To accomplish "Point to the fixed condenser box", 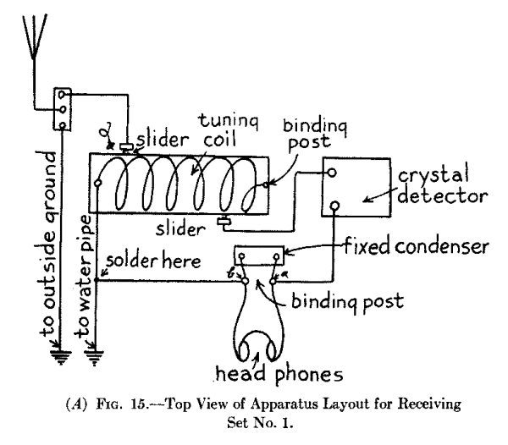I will [x=259, y=255].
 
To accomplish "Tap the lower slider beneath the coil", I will [x=224, y=224].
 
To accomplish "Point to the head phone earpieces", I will [x=261, y=347].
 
